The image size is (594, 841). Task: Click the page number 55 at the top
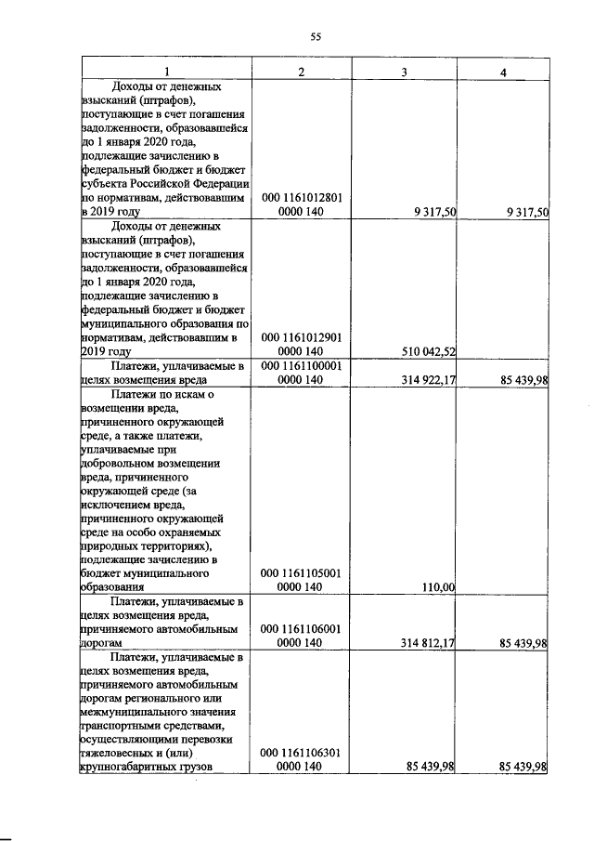click(x=314, y=37)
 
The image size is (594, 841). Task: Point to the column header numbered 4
click(x=502, y=71)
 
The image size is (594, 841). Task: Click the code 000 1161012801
click(x=300, y=197)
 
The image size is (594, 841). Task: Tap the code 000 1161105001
click(x=300, y=573)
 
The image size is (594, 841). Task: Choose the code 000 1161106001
click(x=300, y=629)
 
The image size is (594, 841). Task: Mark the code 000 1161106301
click(x=300, y=753)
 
